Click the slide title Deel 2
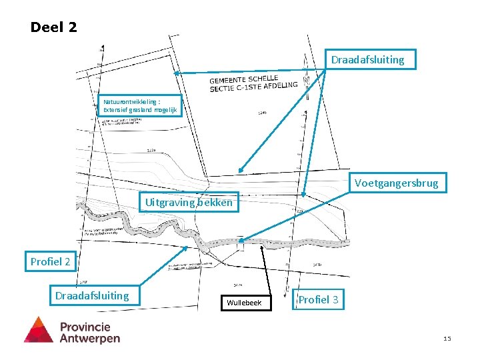click(x=54, y=27)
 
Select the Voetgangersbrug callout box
click(x=397, y=183)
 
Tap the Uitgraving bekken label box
click(x=189, y=202)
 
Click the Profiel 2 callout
click(x=50, y=261)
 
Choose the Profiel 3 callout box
click(x=318, y=300)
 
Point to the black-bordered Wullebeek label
click(x=244, y=303)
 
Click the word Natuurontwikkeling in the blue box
click(x=127, y=102)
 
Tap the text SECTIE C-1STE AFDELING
click(x=253, y=85)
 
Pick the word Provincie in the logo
click(x=85, y=327)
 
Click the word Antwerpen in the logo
click(x=90, y=338)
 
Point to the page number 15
click(x=447, y=339)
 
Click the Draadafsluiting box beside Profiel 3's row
click(x=92, y=295)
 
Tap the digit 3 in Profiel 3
click(x=335, y=300)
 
